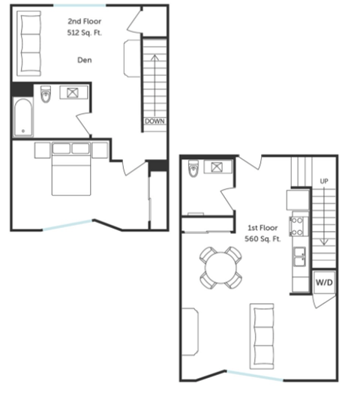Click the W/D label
323,282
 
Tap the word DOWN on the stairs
155,121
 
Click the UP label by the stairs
324,181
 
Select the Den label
84,60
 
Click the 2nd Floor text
84,22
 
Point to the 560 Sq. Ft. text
263,238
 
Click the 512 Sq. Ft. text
84,34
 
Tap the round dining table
220,266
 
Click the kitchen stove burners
297,226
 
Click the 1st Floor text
263,226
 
